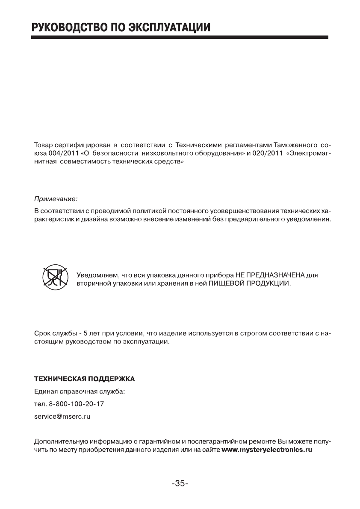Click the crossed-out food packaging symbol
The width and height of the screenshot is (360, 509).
pos(53,276)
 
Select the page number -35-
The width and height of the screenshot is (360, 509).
pos(180,484)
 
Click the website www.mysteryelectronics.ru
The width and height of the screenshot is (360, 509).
pos(266,450)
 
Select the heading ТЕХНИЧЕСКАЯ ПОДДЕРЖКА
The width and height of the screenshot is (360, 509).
pos(84,379)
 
